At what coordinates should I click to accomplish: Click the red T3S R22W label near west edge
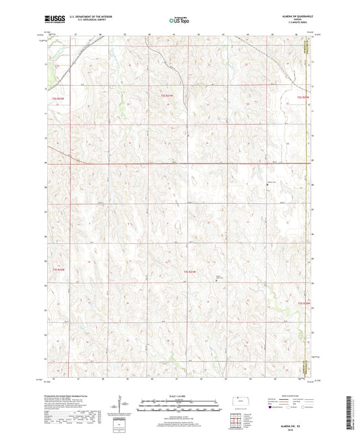[58, 269]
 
